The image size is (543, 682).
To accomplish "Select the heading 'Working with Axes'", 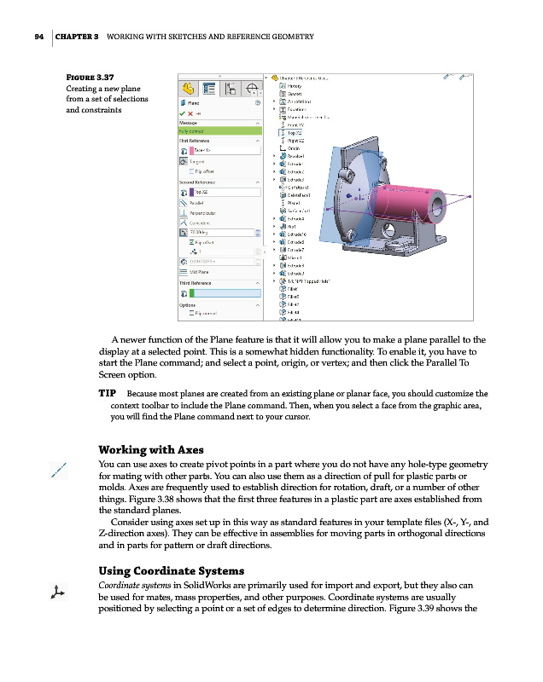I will coord(151,450).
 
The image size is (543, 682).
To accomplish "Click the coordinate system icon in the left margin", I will coord(57,591).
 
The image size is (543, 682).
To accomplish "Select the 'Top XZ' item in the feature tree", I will coord(295,133).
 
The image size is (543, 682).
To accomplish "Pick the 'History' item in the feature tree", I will coord(295,86).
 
